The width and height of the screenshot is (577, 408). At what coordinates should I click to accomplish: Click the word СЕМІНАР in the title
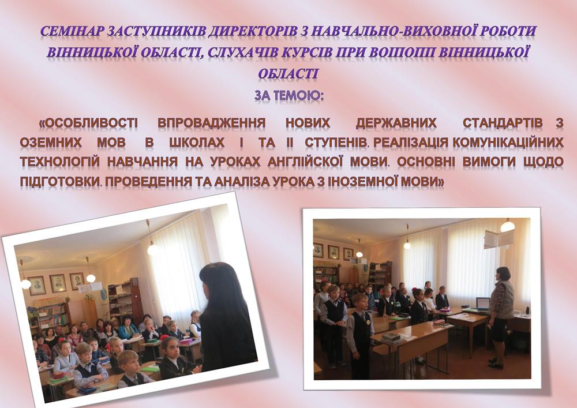click(x=72, y=32)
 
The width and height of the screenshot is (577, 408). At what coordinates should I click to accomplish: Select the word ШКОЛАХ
click(x=197, y=143)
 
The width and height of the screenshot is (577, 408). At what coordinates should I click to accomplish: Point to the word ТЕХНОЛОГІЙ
click(x=60, y=162)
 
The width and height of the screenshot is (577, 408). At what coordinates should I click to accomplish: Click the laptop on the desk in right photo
click(x=483, y=304)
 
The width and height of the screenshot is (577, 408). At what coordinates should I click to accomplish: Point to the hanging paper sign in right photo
click(x=499, y=238)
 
